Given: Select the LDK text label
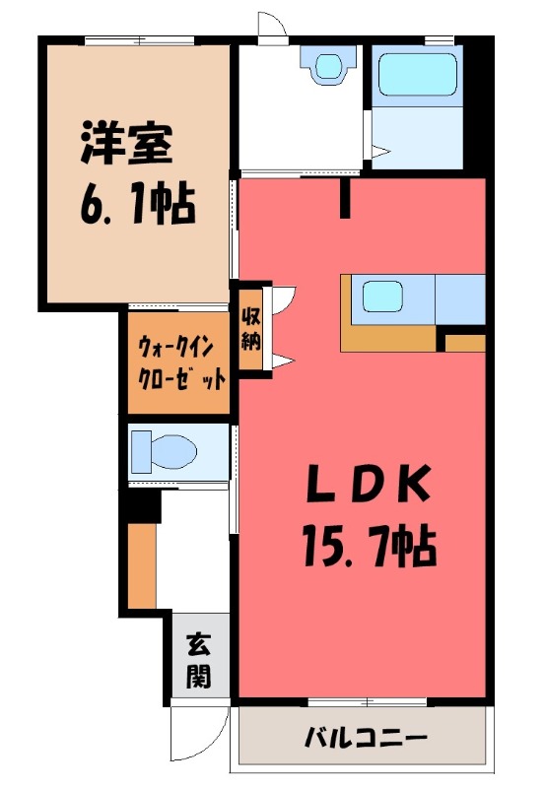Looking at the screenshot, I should pos(364,484).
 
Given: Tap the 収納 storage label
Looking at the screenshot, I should pos(249,332).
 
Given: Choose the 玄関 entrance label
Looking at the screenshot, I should pos(198,660).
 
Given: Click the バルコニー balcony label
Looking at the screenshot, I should pos(365,737).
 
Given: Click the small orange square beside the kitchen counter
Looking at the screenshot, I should pos(463,343).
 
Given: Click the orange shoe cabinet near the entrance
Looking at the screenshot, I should pos(142,566).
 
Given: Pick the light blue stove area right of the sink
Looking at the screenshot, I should pos(460,299).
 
